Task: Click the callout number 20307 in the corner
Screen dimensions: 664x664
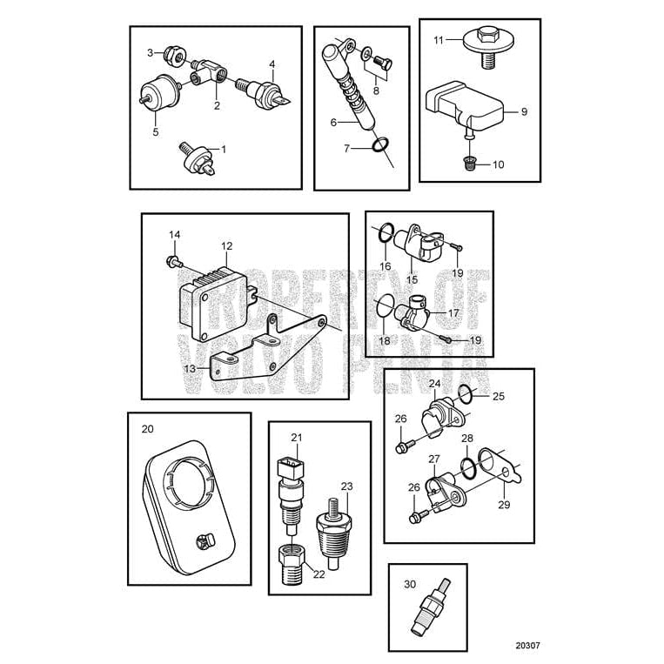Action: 527,646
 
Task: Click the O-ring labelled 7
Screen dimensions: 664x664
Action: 378,144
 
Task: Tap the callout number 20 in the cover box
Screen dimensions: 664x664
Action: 146,429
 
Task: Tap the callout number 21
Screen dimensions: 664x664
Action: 296,437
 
